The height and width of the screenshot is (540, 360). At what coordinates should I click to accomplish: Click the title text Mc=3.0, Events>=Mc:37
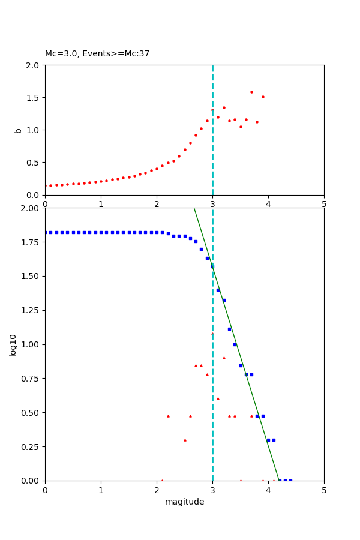(x=97, y=54)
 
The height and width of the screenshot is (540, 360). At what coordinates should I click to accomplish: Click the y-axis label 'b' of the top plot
(x=18, y=130)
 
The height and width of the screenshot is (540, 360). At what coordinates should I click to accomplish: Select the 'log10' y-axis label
(x=13, y=344)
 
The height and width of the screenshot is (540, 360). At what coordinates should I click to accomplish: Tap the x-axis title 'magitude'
(x=184, y=502)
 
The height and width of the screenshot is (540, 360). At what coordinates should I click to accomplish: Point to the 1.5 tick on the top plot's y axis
(x=34, y=98)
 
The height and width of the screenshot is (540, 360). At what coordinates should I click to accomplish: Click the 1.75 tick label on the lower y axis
(x=31, y=242)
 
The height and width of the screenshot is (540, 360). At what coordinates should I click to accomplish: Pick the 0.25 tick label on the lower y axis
(x=31, y=446)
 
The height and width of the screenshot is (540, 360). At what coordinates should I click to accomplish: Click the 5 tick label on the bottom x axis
(x=324, y=489)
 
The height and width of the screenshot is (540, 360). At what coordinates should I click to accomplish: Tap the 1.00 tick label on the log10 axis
(x=31, y=344)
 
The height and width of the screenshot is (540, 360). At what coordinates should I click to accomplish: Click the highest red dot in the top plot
(x=251, y=92)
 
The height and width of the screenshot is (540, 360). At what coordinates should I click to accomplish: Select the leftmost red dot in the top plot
(x=46, y=186)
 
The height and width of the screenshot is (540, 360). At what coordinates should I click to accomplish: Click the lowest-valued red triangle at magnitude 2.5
(x=185, y=440)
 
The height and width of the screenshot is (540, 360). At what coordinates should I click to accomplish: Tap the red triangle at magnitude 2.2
(x=168, y=416)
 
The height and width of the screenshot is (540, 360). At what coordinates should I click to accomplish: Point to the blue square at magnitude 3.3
(x=229, y=329)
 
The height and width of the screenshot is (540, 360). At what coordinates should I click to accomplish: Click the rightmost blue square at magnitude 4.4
(x=290, y=480)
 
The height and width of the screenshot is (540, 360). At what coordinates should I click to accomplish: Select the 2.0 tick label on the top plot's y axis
(x=34, y=65)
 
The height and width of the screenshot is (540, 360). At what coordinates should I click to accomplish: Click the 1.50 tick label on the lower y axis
(x=31, y=276)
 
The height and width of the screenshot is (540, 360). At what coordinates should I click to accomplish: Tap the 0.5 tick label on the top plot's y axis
(x=34, y=163)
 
